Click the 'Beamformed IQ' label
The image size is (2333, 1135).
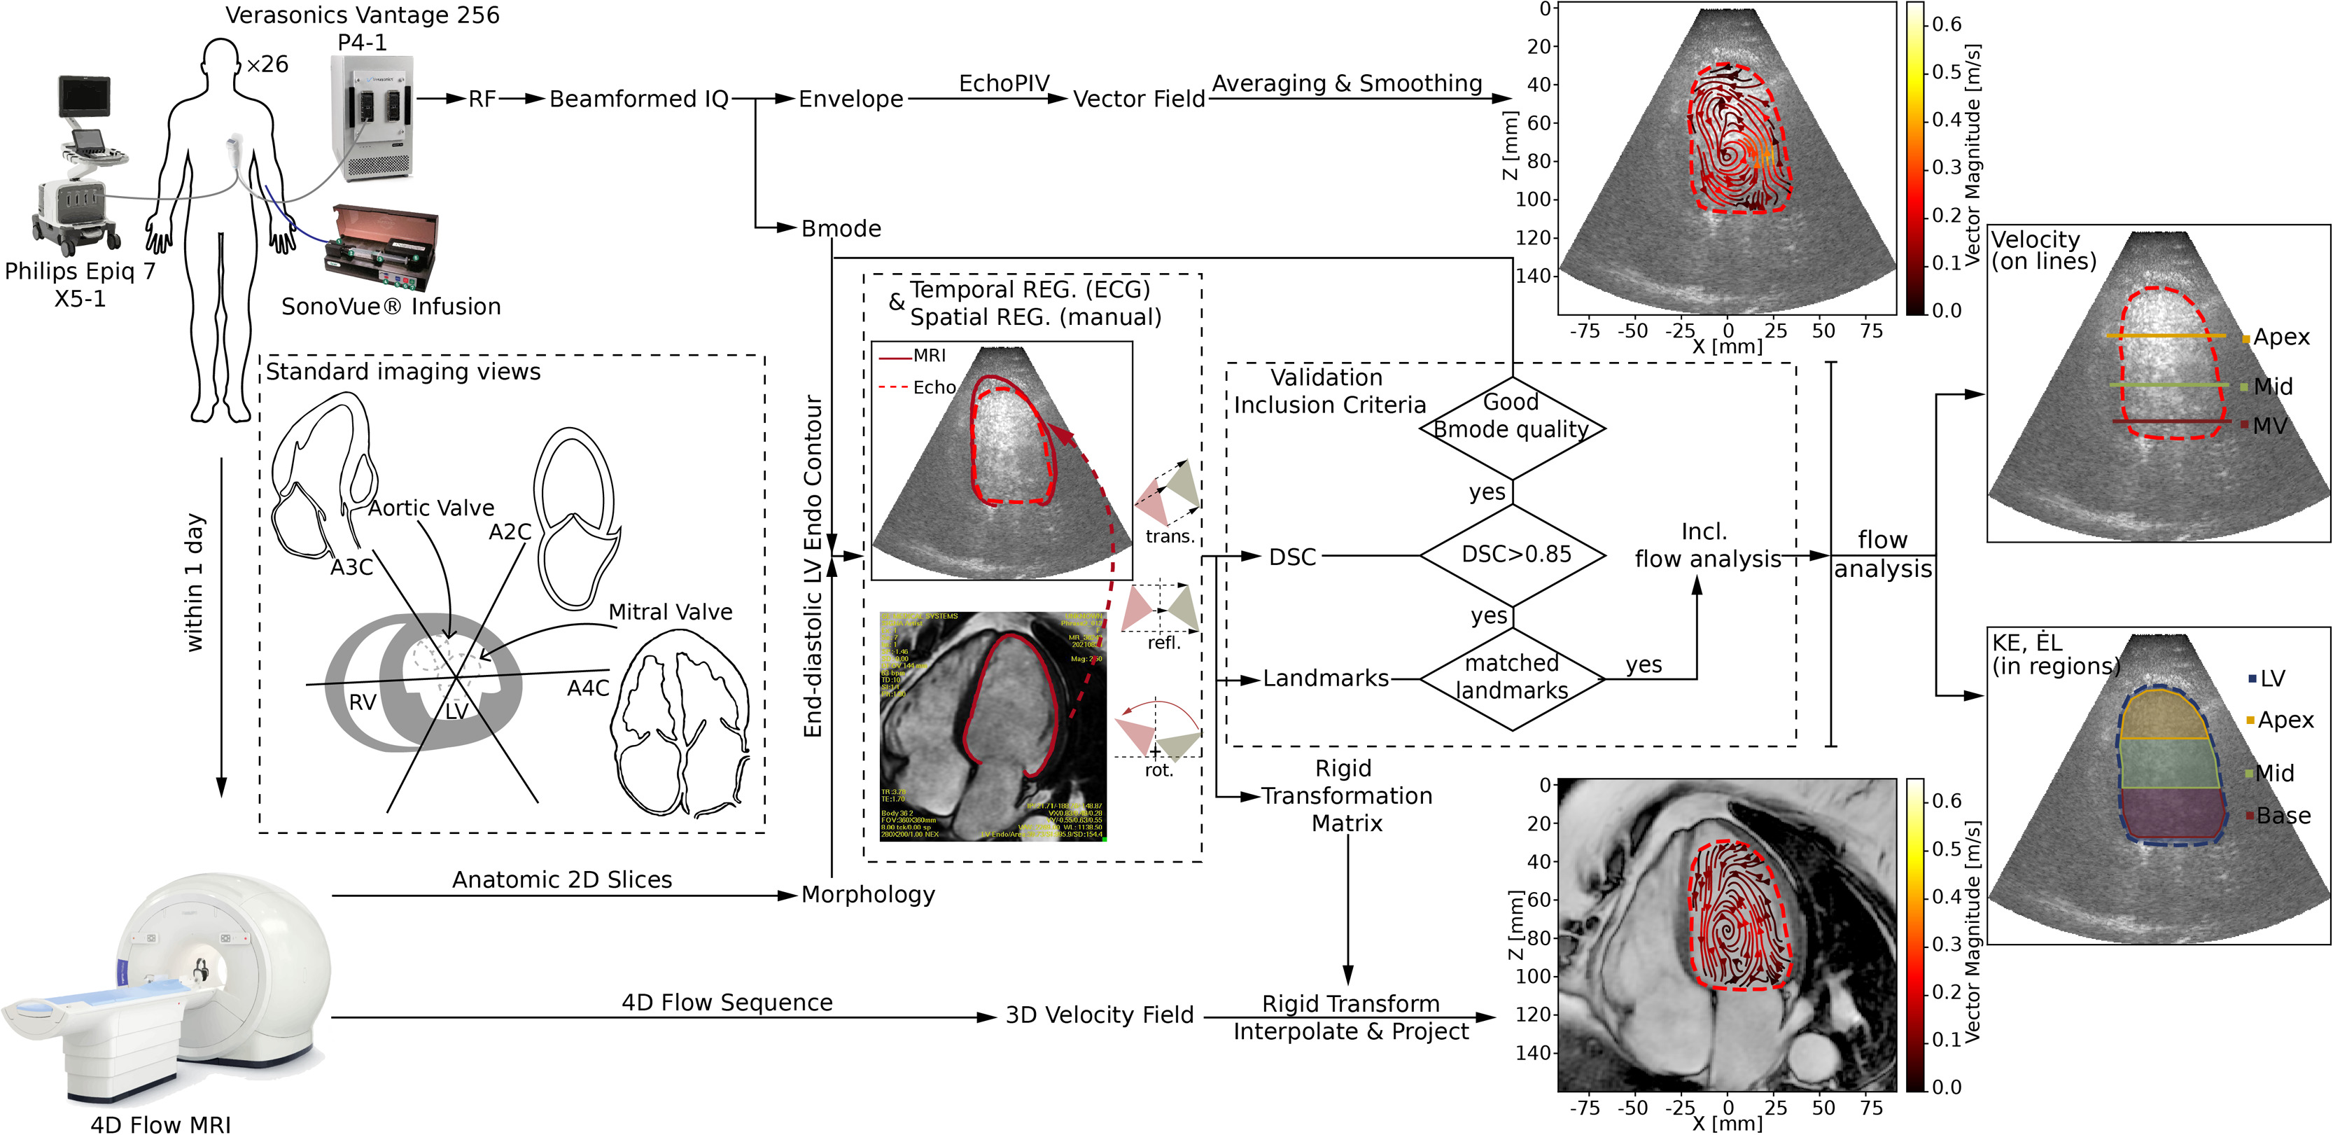(638, 99)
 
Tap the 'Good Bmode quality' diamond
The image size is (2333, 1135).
(1511, 417)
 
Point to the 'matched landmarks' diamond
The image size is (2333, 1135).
(1511, 678)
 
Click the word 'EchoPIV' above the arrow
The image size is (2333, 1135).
(1004, 83)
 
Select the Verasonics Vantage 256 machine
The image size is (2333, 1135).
(371, 118)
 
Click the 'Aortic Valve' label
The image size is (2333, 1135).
(431, 508)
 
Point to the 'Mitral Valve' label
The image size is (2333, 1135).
(670, 613)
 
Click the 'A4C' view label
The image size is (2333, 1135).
(588, 688)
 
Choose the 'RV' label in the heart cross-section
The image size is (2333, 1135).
(363, 702)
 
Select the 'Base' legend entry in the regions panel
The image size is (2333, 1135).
(2283, 816)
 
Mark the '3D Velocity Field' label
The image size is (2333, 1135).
(1100, 1015)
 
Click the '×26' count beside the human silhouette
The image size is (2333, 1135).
(267, 65)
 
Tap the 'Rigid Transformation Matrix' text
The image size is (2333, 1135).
(1346, 795)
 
